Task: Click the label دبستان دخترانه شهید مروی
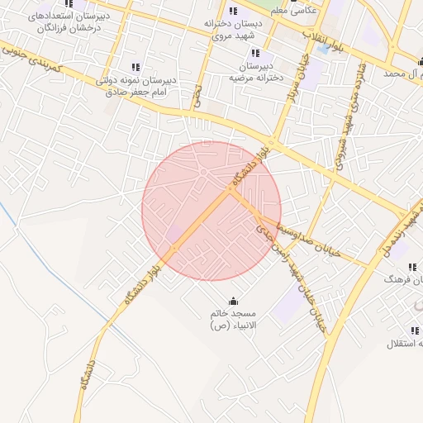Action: point(233,30)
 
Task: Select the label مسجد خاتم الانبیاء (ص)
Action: point(233,320)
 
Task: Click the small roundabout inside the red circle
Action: point(202,172)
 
